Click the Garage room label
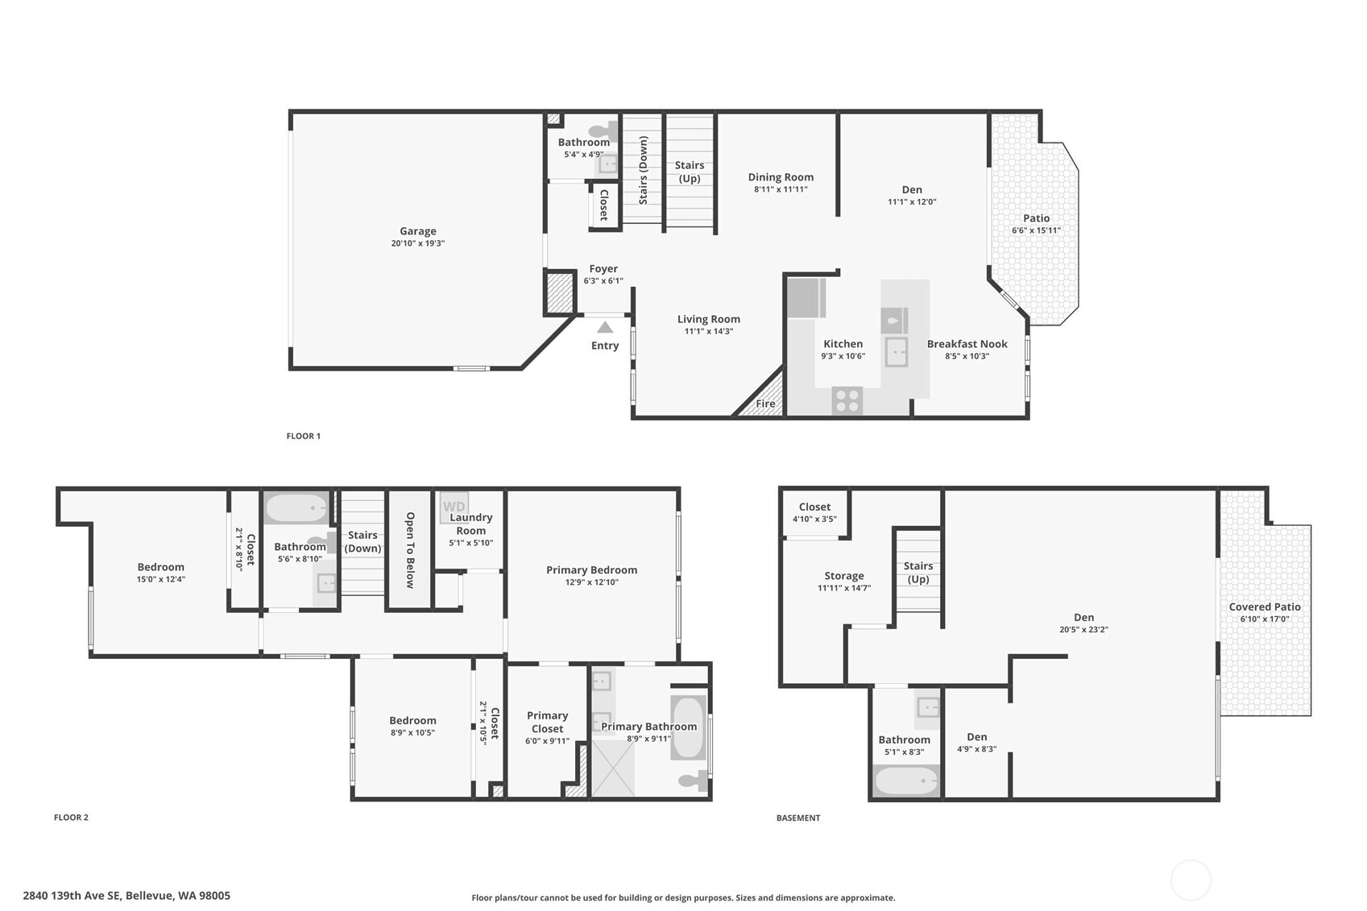417,231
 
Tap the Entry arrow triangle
604,327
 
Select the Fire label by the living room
765,404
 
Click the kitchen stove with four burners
847,400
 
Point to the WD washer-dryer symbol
454,507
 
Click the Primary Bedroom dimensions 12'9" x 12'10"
591,582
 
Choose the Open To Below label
410,550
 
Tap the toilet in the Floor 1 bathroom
602,130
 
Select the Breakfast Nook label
967,344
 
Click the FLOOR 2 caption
71,818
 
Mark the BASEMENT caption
797,818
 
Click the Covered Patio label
1264,607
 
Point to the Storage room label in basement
843,576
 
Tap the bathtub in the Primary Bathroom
688,728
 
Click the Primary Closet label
547,722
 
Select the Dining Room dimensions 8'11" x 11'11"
780,189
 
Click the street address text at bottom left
126,896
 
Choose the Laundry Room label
470,524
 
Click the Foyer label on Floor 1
603,269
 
